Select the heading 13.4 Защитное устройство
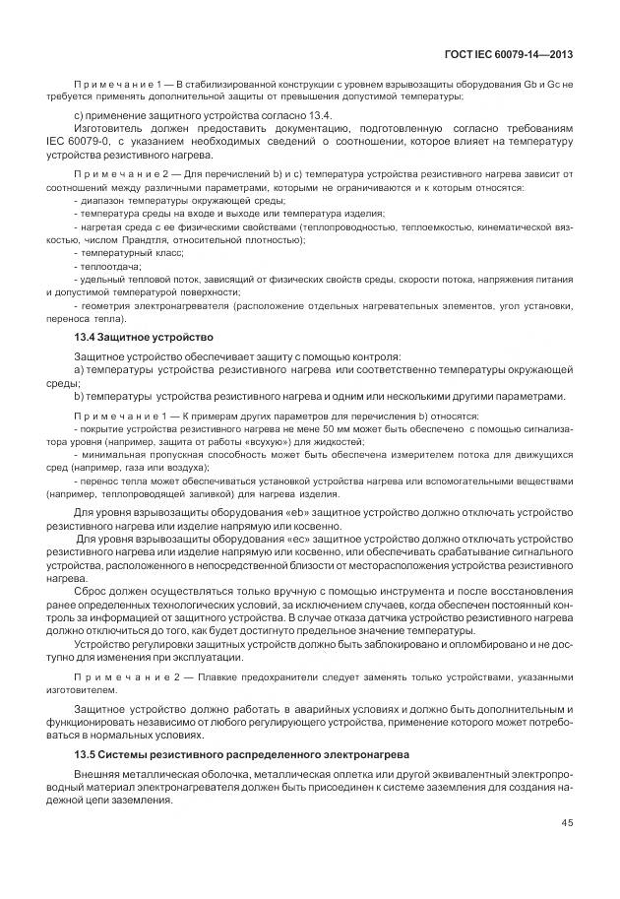(x=136, y=336)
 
